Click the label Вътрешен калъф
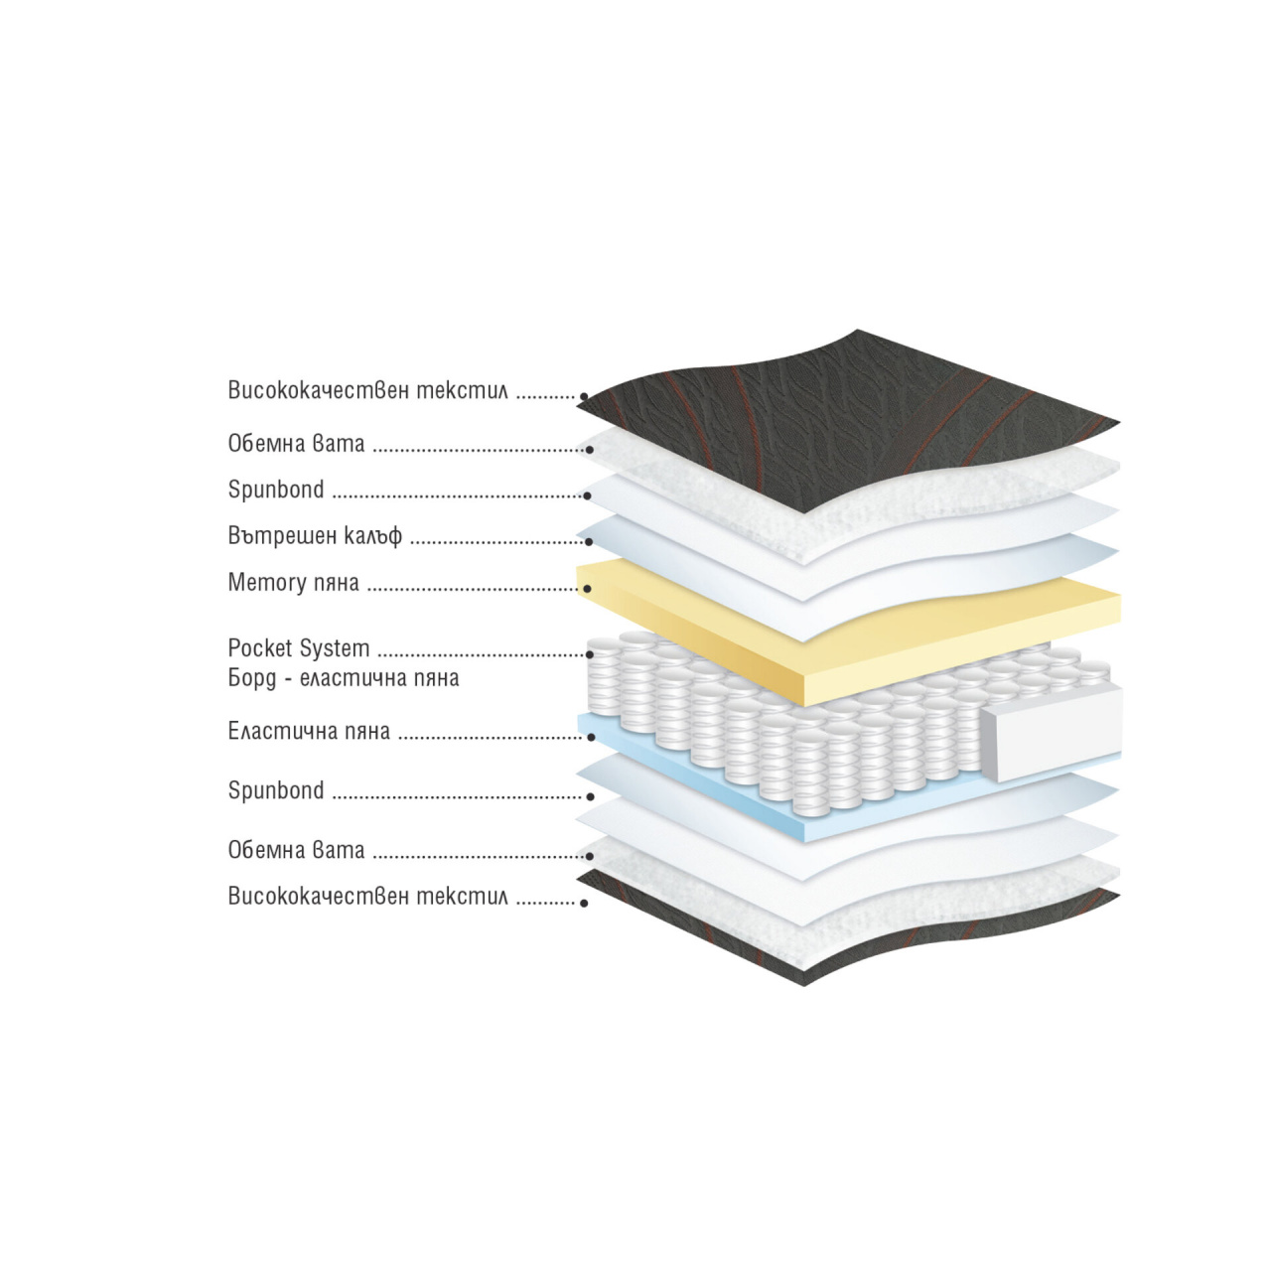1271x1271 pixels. [x=315, y=535]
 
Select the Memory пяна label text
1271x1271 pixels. [x=294, y=583]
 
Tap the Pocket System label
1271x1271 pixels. [x=299, y=649]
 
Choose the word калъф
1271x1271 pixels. [x=372, y=535]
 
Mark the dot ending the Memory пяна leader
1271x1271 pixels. [x=587, y=589]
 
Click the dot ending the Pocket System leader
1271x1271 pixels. [x=590, y=654]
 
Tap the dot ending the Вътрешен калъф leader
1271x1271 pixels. [x=590, y=541]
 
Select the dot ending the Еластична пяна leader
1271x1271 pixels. [x=592, y=737]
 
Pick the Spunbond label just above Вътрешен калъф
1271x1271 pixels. [x=276, y=491]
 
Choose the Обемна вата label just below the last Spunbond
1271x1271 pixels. [x=296, y=850]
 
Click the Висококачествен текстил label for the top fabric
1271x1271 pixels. [x=368, y=390]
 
